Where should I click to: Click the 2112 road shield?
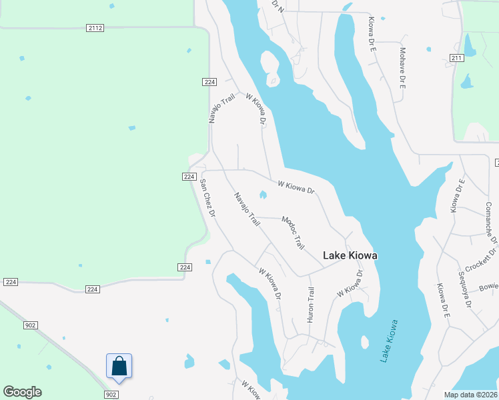[x=95, y=27]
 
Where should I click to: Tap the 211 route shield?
[x=456, y=59]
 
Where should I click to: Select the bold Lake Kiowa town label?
[x=350, y=255]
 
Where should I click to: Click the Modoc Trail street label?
[x=293, y=233]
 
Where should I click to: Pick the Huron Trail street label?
[x=310, y=305]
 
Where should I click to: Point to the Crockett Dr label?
[x=482, y=259]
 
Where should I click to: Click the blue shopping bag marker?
[x=119, y=366]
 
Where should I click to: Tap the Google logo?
[x=22, y=392]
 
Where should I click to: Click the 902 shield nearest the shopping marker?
[x=111, y=395]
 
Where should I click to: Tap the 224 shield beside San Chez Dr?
[x=189, y=177]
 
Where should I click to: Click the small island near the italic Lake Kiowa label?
[x=364, y=342]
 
